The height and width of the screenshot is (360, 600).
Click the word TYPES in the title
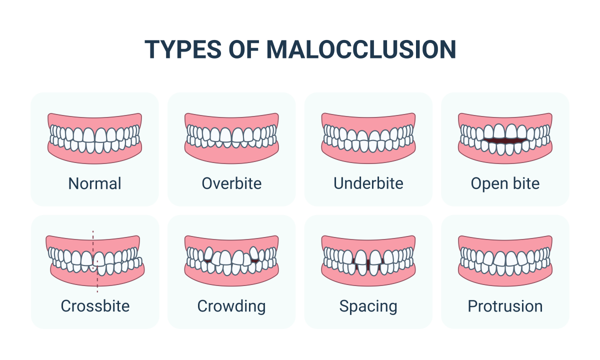183,49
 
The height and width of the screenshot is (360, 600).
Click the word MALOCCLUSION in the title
361,49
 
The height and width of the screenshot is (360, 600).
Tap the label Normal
95,184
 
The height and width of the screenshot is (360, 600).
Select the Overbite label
231,183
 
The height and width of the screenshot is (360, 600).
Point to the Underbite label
368,183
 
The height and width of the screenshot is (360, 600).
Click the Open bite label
505,184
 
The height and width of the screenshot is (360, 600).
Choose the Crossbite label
95,306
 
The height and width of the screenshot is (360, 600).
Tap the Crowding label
231,306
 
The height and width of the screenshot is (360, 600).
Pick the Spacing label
368,306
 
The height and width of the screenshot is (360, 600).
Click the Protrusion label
505,306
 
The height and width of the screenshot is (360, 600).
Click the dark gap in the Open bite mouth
505,141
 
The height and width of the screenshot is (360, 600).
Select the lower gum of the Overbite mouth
231,156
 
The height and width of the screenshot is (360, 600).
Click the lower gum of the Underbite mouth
368,156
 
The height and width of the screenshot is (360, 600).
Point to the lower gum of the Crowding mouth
231,279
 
